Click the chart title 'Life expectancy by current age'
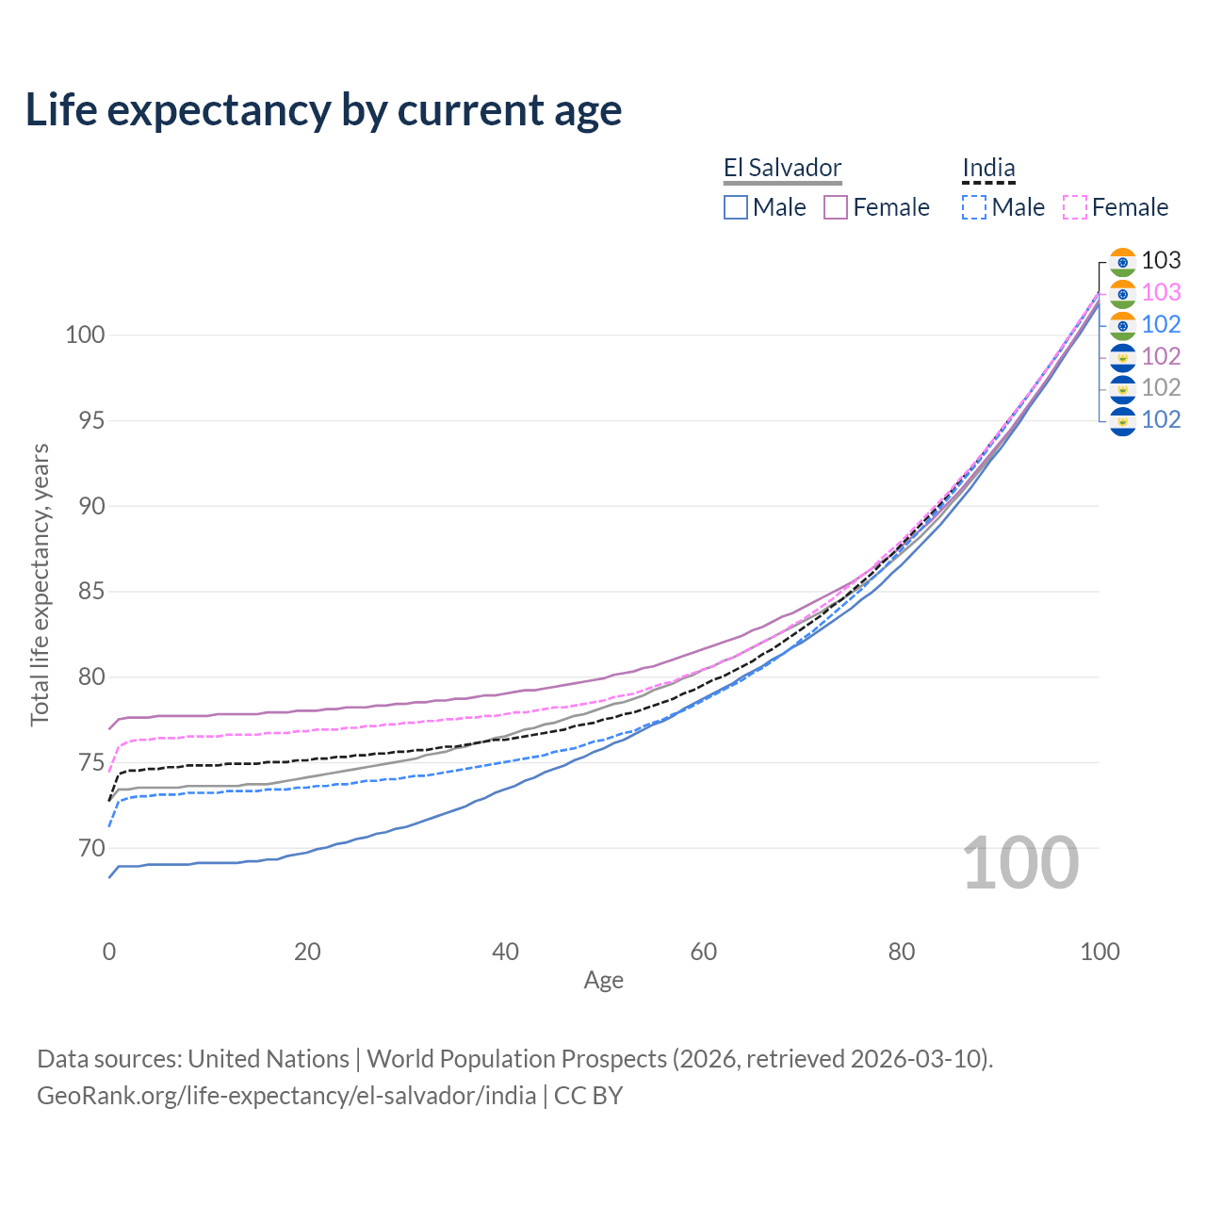323,110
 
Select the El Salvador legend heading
782,169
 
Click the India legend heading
988,169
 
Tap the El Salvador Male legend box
736,207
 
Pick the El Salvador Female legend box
836,207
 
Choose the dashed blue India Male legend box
974,207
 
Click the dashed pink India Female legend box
1075,207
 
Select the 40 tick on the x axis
506,952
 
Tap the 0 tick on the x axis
109,952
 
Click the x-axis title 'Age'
603,981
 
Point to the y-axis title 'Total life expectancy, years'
40,584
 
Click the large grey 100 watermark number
1020,863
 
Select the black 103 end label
1161,261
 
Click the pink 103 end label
1161,293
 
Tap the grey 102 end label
1161,388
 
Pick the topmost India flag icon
1122,262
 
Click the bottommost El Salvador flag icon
1122,421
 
